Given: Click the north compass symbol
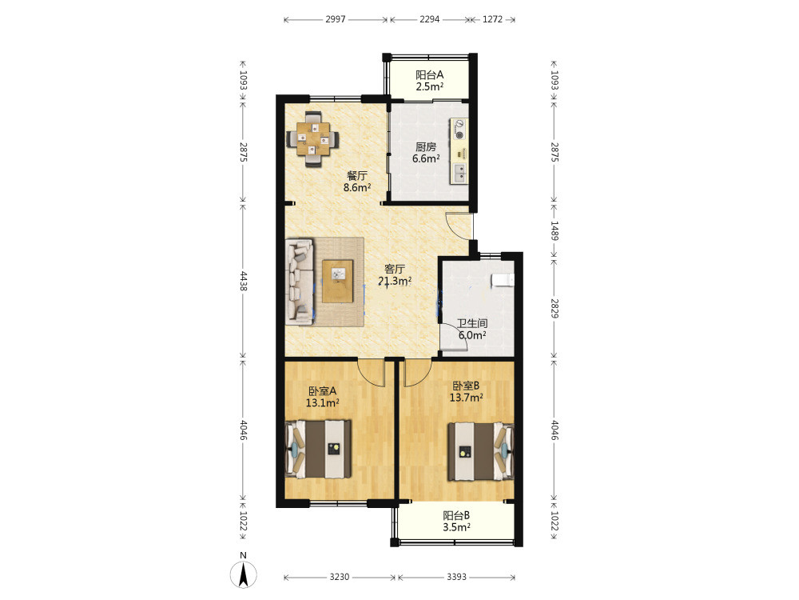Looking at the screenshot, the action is (244, 574).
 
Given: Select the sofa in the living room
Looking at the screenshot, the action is (300, 282).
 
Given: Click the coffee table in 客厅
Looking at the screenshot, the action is (338, 281).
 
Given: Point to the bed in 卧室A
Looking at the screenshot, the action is (319, 449).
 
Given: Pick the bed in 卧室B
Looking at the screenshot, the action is (480, 451).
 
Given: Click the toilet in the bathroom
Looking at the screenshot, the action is (503, 279).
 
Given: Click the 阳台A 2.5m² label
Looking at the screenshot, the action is (430, 81).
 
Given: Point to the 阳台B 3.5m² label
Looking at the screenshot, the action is (456, 522).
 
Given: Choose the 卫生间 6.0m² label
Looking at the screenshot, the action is (472, 330).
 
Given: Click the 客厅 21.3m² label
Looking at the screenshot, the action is (395, 274).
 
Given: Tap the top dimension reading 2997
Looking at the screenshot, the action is (336, 19).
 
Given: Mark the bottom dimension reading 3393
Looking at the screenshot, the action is (456, 577).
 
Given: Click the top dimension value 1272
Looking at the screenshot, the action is (492, 19).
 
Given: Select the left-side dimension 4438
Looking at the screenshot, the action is (243, 281).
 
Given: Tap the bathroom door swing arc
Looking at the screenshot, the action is (455, 337).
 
